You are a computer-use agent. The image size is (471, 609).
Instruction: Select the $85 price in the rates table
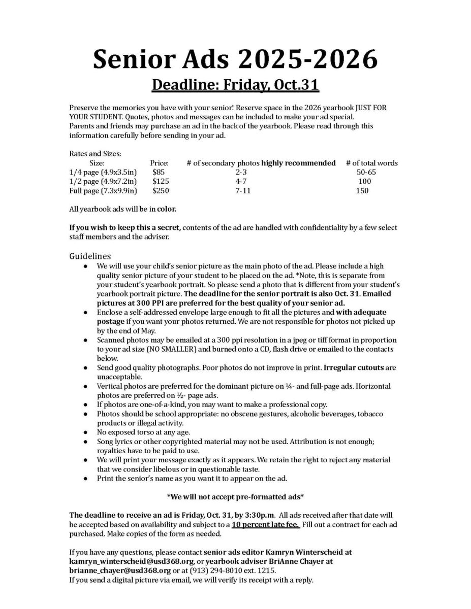tap(159, 172)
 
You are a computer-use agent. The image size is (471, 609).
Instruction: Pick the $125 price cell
tap(161, 181)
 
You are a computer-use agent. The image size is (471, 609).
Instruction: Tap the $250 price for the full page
tap(161, 191)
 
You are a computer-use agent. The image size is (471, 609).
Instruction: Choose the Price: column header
tap(160, 163)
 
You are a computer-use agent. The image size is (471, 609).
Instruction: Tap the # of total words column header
tap(371, 163)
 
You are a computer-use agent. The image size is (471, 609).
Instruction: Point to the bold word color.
tap(167, 209)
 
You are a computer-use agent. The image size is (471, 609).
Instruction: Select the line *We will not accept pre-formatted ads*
tap(235, 496)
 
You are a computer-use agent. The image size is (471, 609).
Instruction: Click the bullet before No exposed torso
tap(87, 432)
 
